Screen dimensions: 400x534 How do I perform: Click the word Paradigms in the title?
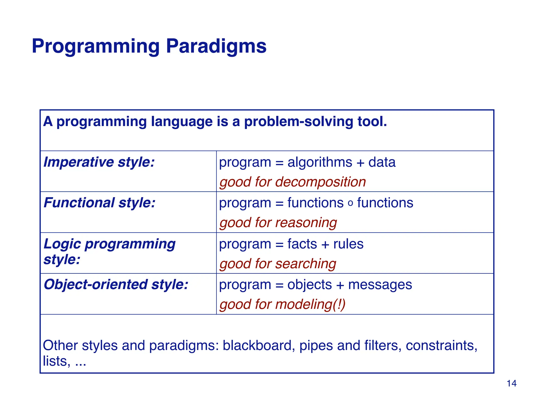[216, 46]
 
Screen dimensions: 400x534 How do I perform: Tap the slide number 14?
[511, 383]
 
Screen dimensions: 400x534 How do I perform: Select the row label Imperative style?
[99, 162]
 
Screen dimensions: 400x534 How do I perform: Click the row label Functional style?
[99, 203]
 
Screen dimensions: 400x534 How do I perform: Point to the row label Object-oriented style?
[116, 284]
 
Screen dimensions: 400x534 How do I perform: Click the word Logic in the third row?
[62, 244]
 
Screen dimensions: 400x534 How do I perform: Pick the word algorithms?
[320, 162]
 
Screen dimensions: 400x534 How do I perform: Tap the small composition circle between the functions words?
[350, 203]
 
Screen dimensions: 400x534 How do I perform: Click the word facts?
[302, 244]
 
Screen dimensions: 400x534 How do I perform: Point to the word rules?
[348, 244]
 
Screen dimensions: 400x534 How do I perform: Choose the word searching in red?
[306, 264]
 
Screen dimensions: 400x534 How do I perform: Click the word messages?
[380, 285]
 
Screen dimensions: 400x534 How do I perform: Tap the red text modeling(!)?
[310, 304]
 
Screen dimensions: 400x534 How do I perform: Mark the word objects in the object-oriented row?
[310, 285]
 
